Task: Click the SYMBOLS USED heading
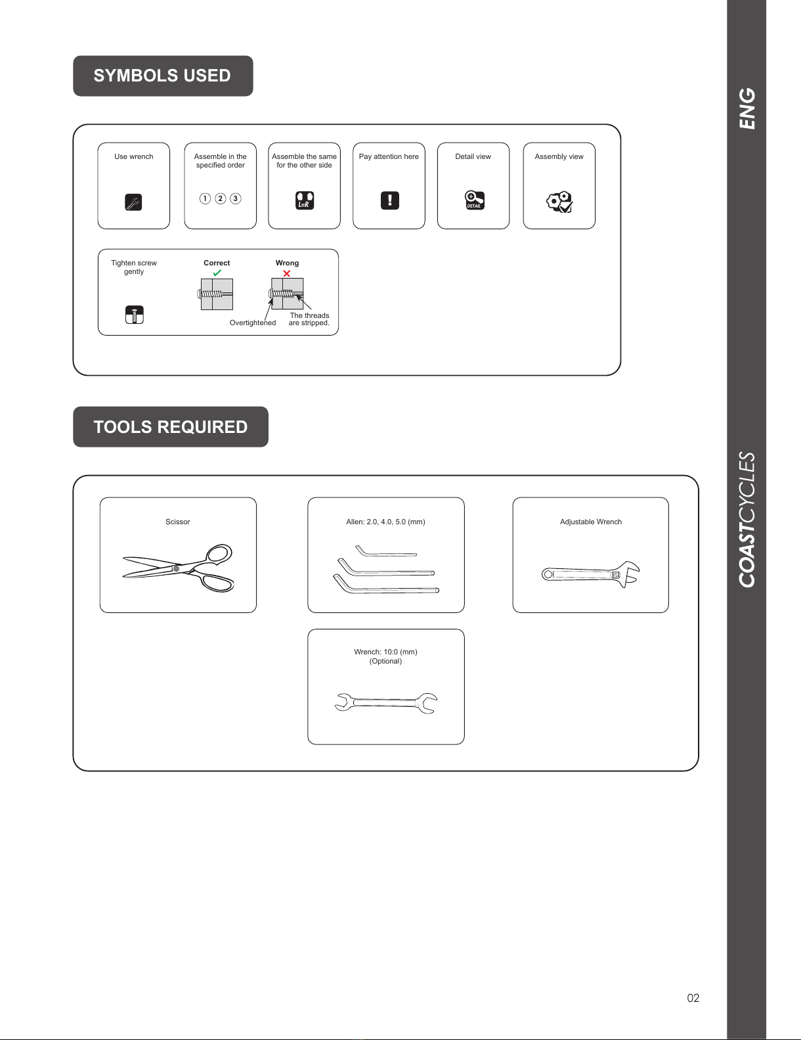coord(162,76)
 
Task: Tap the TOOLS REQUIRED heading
coord(170,427)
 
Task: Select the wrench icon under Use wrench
coord(133,202)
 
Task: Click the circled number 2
coord(221,198)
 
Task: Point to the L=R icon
coord(304,200)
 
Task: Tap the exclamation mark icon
coord(390,200)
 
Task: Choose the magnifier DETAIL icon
coord(475,200)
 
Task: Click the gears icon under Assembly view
coord(559,202)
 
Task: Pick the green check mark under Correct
coord(217,273)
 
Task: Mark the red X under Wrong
coord(286,273)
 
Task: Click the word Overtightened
coord(253,323)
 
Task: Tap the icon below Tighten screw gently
coord(135,315)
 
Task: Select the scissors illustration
coord(179,568)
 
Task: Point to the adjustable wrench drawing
coord(591,574)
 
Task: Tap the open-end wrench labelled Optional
coord(386,703)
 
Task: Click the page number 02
coord(693,998)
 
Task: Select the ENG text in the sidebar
coord(747,108)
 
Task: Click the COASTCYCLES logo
coord(747,520)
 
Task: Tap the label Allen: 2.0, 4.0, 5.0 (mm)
coord(385,522)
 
